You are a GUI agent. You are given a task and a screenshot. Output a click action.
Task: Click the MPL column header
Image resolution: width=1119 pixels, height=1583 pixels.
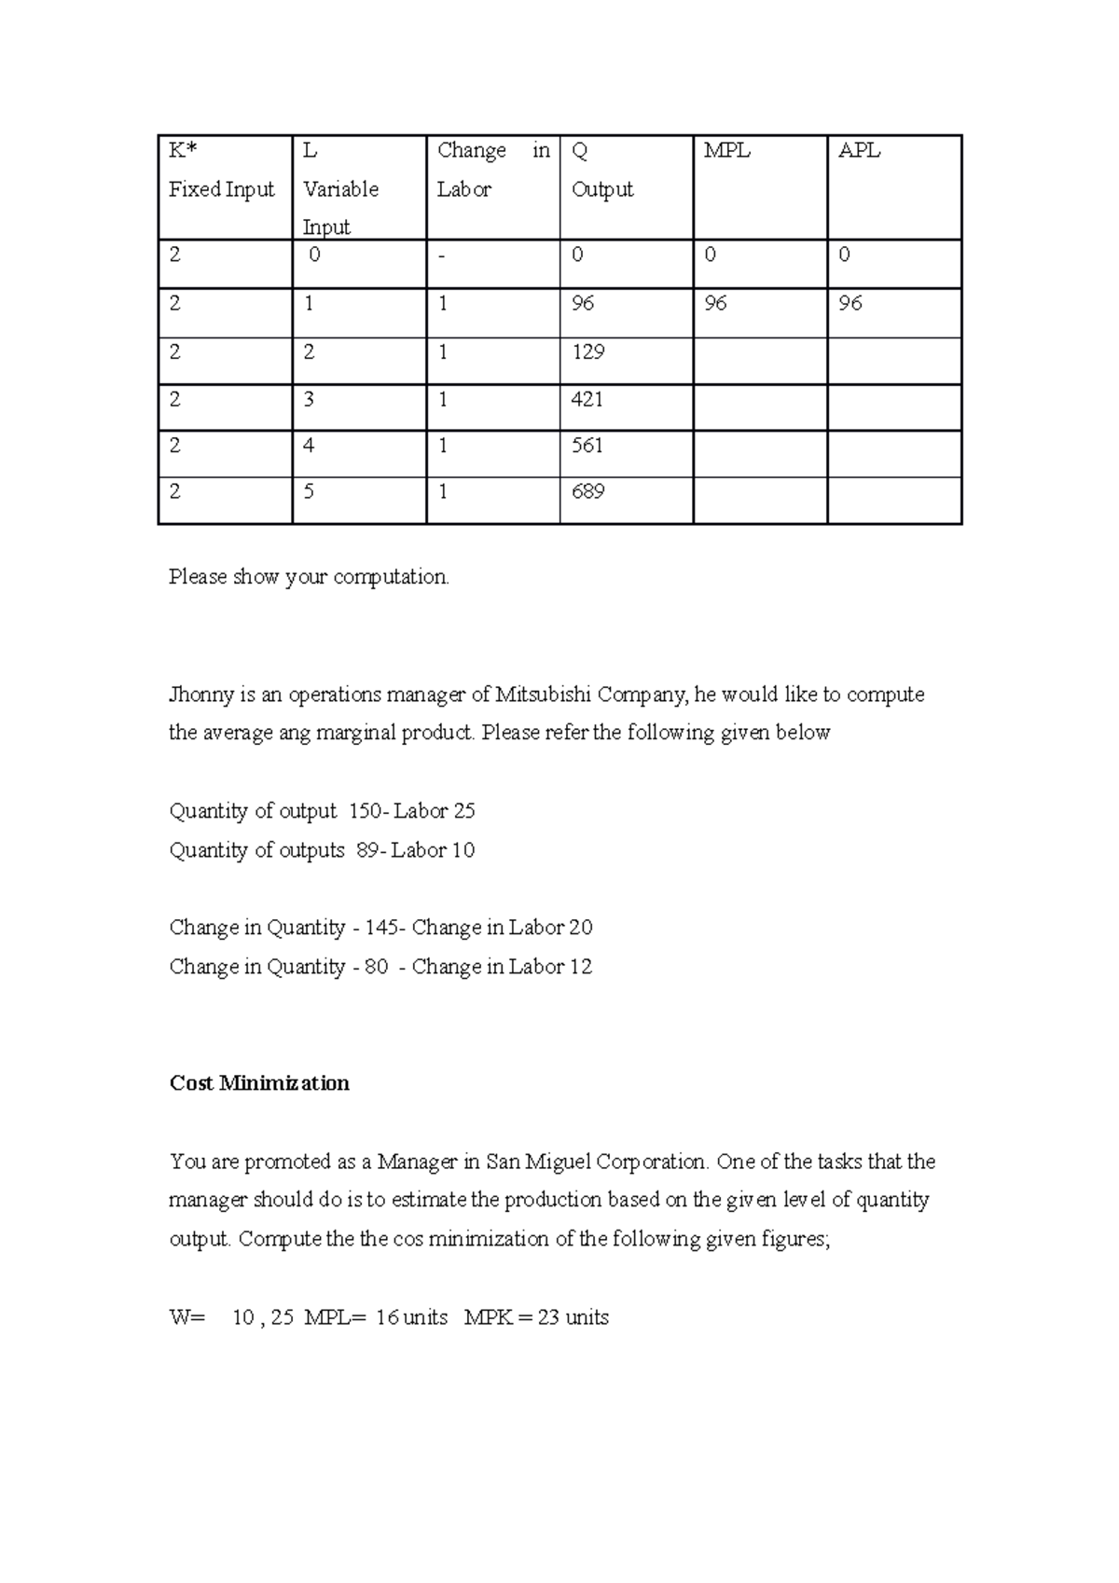click(726, 151)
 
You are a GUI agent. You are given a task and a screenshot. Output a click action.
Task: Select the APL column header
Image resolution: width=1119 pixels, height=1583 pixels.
click(859, 151)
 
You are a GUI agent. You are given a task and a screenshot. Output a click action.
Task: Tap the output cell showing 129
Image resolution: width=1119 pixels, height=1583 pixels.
click(588, 352)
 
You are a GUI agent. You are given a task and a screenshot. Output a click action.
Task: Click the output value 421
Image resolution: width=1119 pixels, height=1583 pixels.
click(588, 400)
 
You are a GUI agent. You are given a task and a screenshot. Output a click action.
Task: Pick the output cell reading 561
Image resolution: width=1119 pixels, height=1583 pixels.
click(588, 446)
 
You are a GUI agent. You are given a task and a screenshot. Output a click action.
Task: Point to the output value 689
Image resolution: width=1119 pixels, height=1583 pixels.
click(588, 491)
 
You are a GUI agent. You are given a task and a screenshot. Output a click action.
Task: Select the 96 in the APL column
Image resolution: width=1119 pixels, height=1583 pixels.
click(850, 304)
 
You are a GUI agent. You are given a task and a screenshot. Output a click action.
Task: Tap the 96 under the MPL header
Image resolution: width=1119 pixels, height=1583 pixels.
click(716, 304)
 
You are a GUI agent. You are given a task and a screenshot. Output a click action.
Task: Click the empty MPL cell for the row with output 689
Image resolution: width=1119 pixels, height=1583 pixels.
click(760, 501)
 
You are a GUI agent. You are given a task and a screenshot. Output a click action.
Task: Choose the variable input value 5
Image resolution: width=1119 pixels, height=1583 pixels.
click(309, 491)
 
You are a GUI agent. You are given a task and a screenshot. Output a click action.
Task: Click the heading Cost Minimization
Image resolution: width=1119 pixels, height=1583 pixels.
click(259, 1083)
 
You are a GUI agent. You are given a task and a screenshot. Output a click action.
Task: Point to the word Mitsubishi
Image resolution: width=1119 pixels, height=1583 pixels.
click(543, 695)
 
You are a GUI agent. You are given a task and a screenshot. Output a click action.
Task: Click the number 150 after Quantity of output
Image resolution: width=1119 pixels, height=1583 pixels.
click(365, 812)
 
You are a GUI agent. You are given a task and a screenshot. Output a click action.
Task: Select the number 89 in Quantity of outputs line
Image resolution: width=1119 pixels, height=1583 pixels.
click(367, 851)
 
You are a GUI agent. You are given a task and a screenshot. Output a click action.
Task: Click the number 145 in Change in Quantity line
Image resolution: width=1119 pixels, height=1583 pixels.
click(381, 929)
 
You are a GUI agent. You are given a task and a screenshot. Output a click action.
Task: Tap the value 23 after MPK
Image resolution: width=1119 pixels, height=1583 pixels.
click(548, 1318)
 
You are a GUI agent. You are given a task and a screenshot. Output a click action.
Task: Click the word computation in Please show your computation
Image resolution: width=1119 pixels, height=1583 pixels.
click(391, 578)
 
